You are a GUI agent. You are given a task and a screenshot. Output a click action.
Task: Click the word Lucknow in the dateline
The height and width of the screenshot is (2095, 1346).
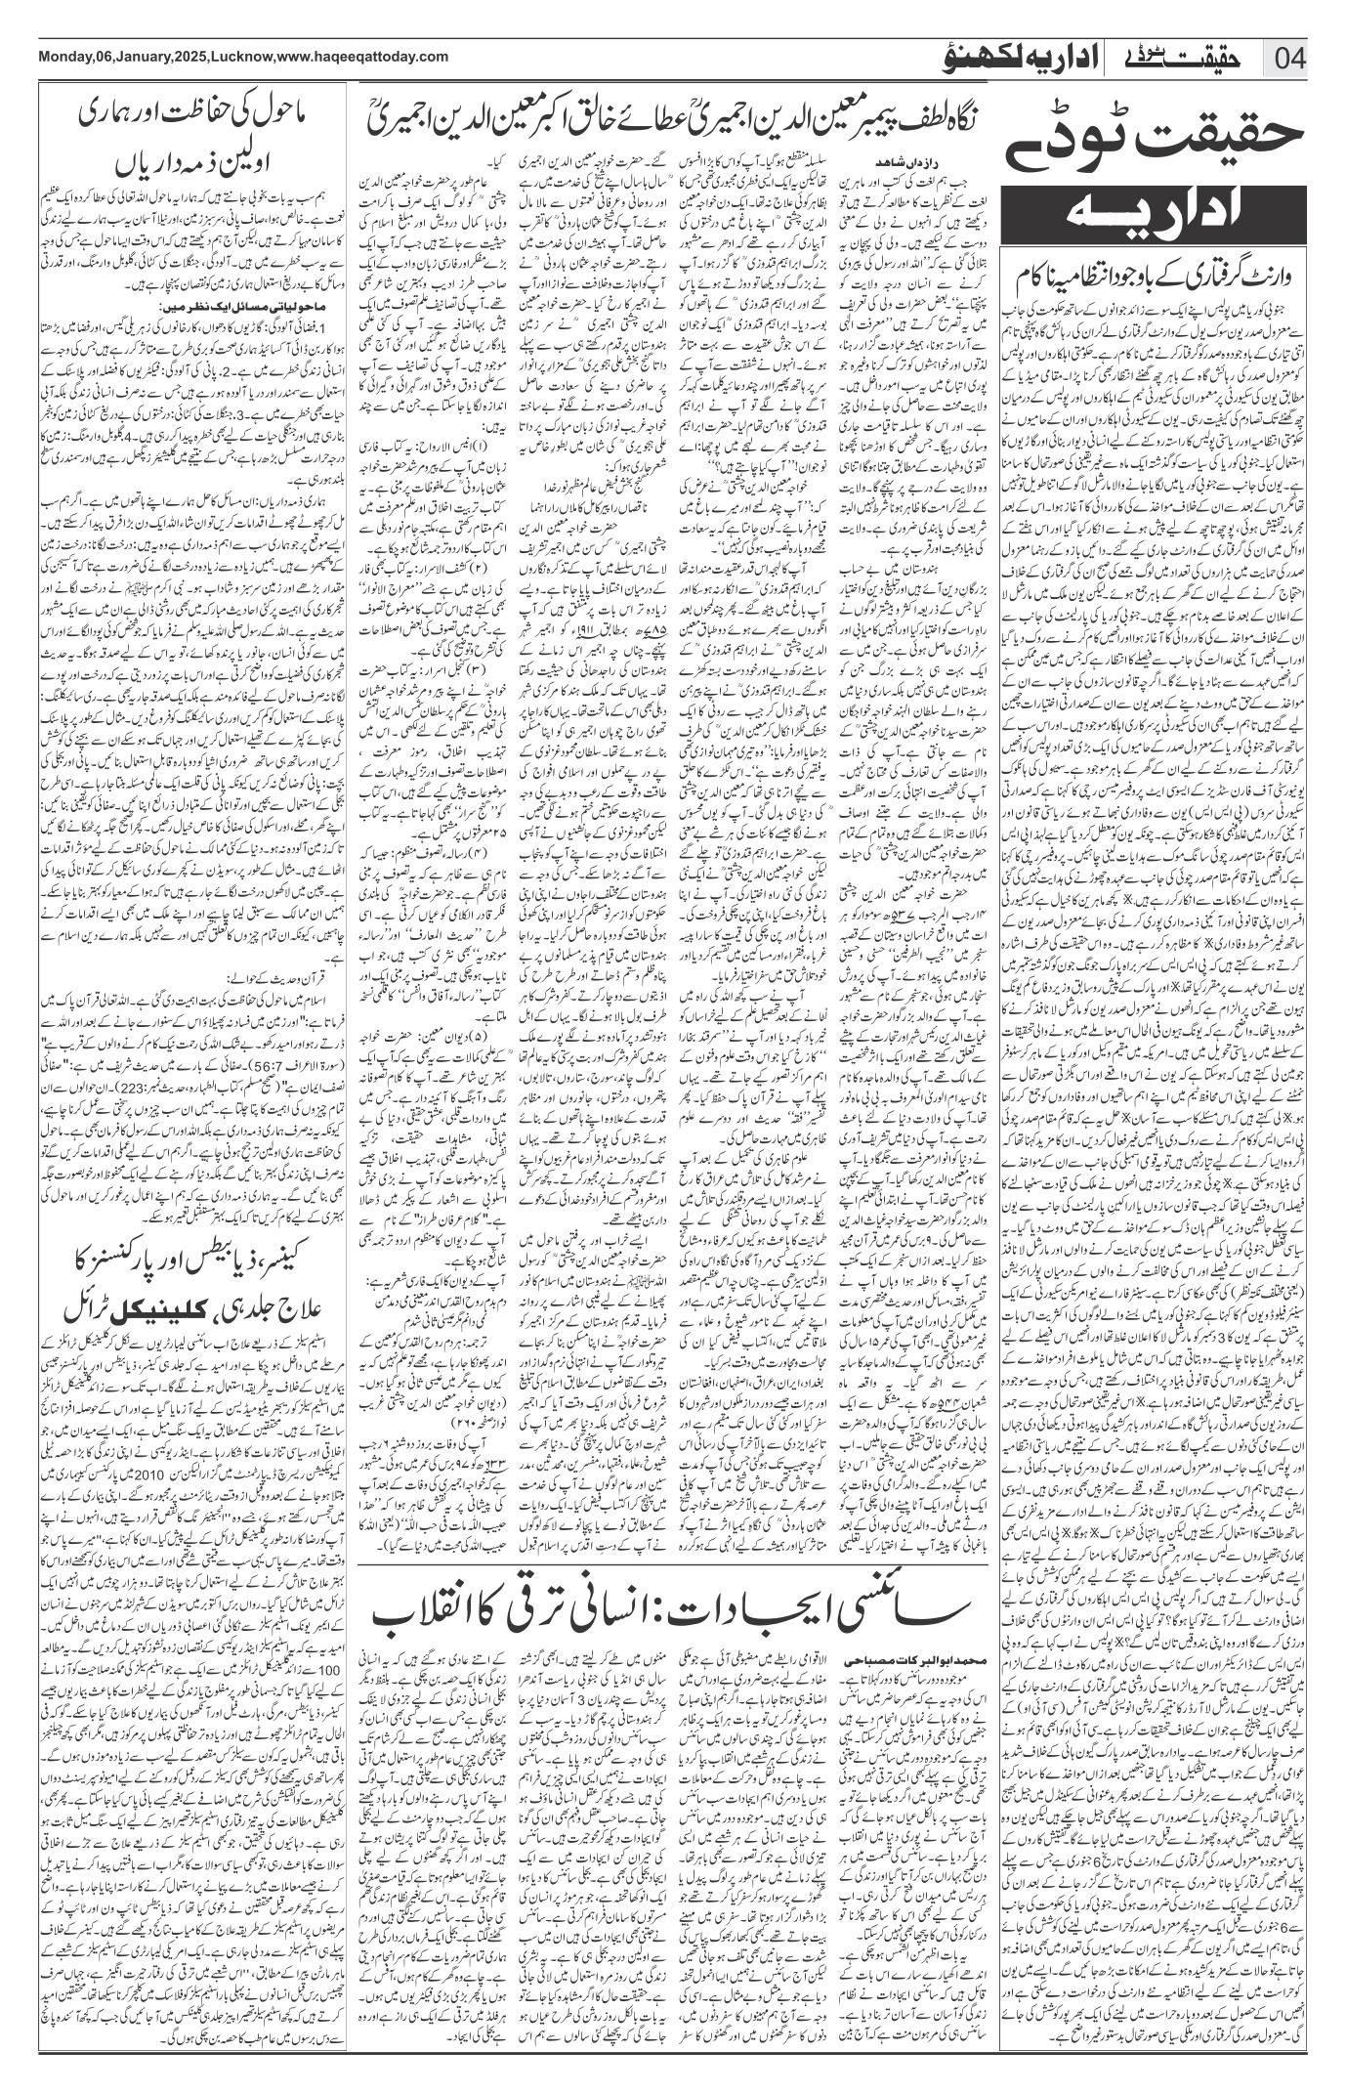coord(237,56)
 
